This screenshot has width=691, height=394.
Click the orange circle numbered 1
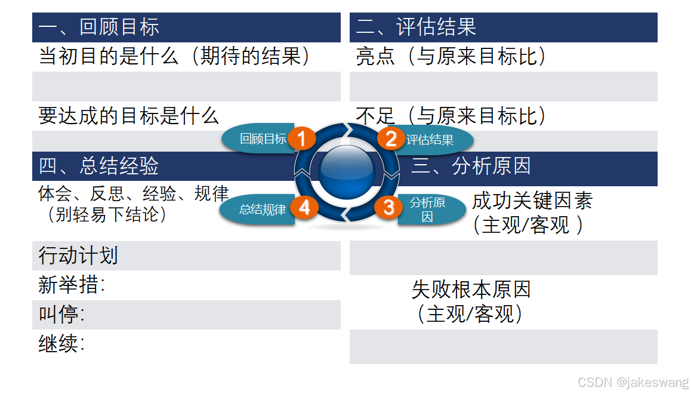pos(302,139)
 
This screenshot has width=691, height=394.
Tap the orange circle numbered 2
pos(391,139)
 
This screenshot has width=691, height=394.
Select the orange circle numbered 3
pos(388,208)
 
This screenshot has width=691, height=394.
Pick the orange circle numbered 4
pos(304,208)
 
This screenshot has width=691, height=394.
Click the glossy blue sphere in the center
pos(346,171)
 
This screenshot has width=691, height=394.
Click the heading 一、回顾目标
pos(99,27)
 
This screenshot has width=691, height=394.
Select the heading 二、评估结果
pos(416,27)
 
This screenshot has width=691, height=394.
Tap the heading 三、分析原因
pos(471,166)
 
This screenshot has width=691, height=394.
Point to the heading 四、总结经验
pos(99,166)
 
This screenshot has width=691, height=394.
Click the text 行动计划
pos(78,256)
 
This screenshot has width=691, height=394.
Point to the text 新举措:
pos(72,285)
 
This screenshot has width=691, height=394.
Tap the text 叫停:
pos(61,314)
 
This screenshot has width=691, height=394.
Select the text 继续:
pos(61,344)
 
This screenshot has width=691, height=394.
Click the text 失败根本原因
pos(471,290)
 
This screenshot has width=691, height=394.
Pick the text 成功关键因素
pos(532,201)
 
